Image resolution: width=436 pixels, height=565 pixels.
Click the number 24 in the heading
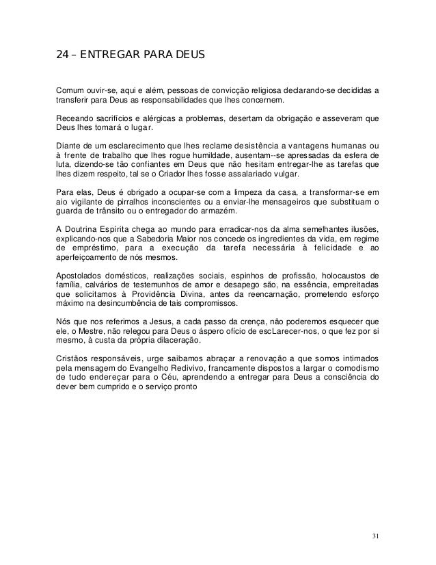[62, 51]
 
